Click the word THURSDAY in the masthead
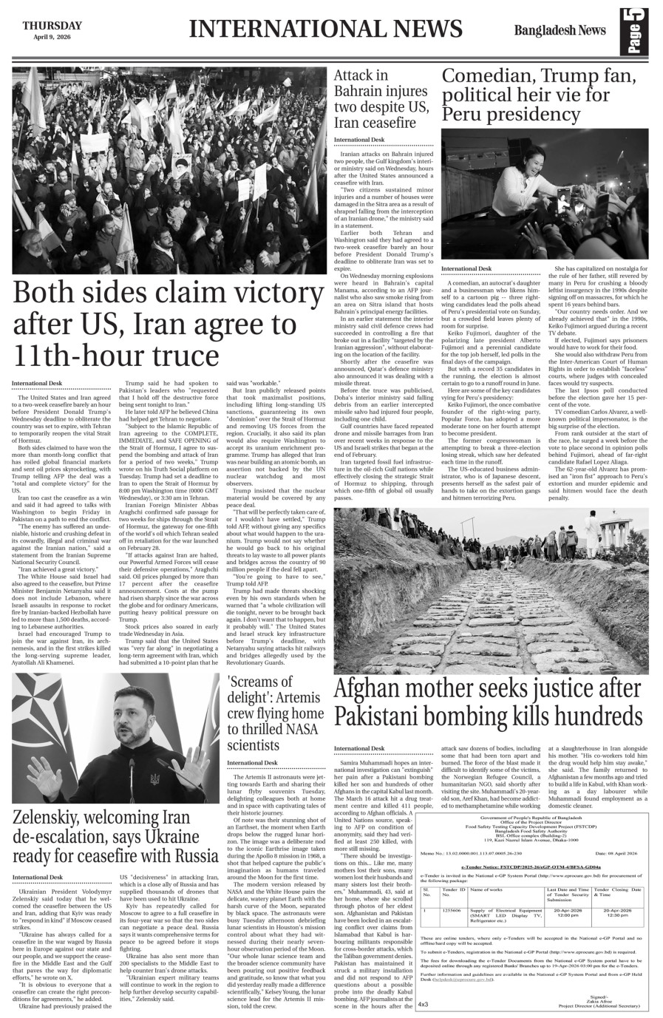[52, 26]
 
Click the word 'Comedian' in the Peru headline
[487, 77]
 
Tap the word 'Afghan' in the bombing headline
[376, 690]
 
